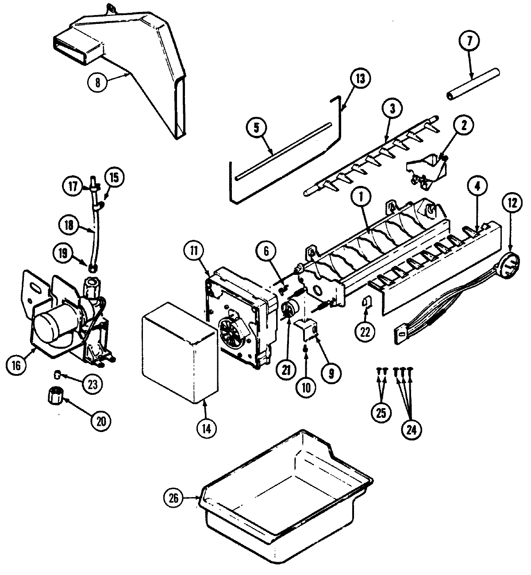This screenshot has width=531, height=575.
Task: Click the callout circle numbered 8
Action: pos(98,82)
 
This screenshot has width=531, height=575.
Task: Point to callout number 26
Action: pos(174,498)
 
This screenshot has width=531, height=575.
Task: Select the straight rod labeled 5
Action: pos(283,151)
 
